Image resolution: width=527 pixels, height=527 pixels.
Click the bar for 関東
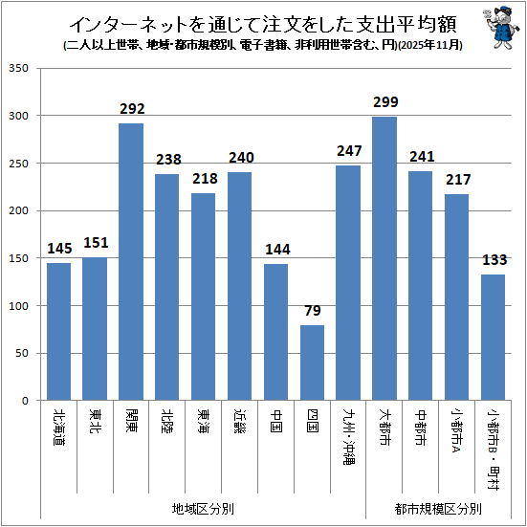tap(131, 262)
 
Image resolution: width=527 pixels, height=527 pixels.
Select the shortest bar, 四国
tap(312, 362)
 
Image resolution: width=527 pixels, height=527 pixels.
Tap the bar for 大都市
tap(384, 258)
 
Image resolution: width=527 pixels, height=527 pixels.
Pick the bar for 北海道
tap(58, 331)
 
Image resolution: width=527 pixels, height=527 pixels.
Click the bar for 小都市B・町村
tap(494, 337)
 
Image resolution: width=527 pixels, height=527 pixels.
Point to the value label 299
tap(385, 101)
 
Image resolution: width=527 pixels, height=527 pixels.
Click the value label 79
tap(313, 311)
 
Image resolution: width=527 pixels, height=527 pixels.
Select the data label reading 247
tap(349, 151)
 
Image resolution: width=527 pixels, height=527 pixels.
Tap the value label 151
tap(96, 243)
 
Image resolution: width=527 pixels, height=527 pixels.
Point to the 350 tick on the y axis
tap(19, 68)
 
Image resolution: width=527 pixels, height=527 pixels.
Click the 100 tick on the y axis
tap(19, 306)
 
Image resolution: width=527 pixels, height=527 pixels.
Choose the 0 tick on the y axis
tap(25, 401)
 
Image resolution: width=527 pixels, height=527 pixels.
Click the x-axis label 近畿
tap(240, 421)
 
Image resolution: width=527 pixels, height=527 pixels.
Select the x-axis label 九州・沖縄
tap(348, 436)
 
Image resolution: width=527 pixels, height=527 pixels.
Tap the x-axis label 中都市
tap(421, 428)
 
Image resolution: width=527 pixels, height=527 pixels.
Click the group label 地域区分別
tap(203, 509)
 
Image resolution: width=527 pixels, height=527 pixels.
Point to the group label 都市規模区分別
tap(438, 509)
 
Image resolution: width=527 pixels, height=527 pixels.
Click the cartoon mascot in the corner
tap(498, 28)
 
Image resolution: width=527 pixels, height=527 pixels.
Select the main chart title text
tap(263, 24)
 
